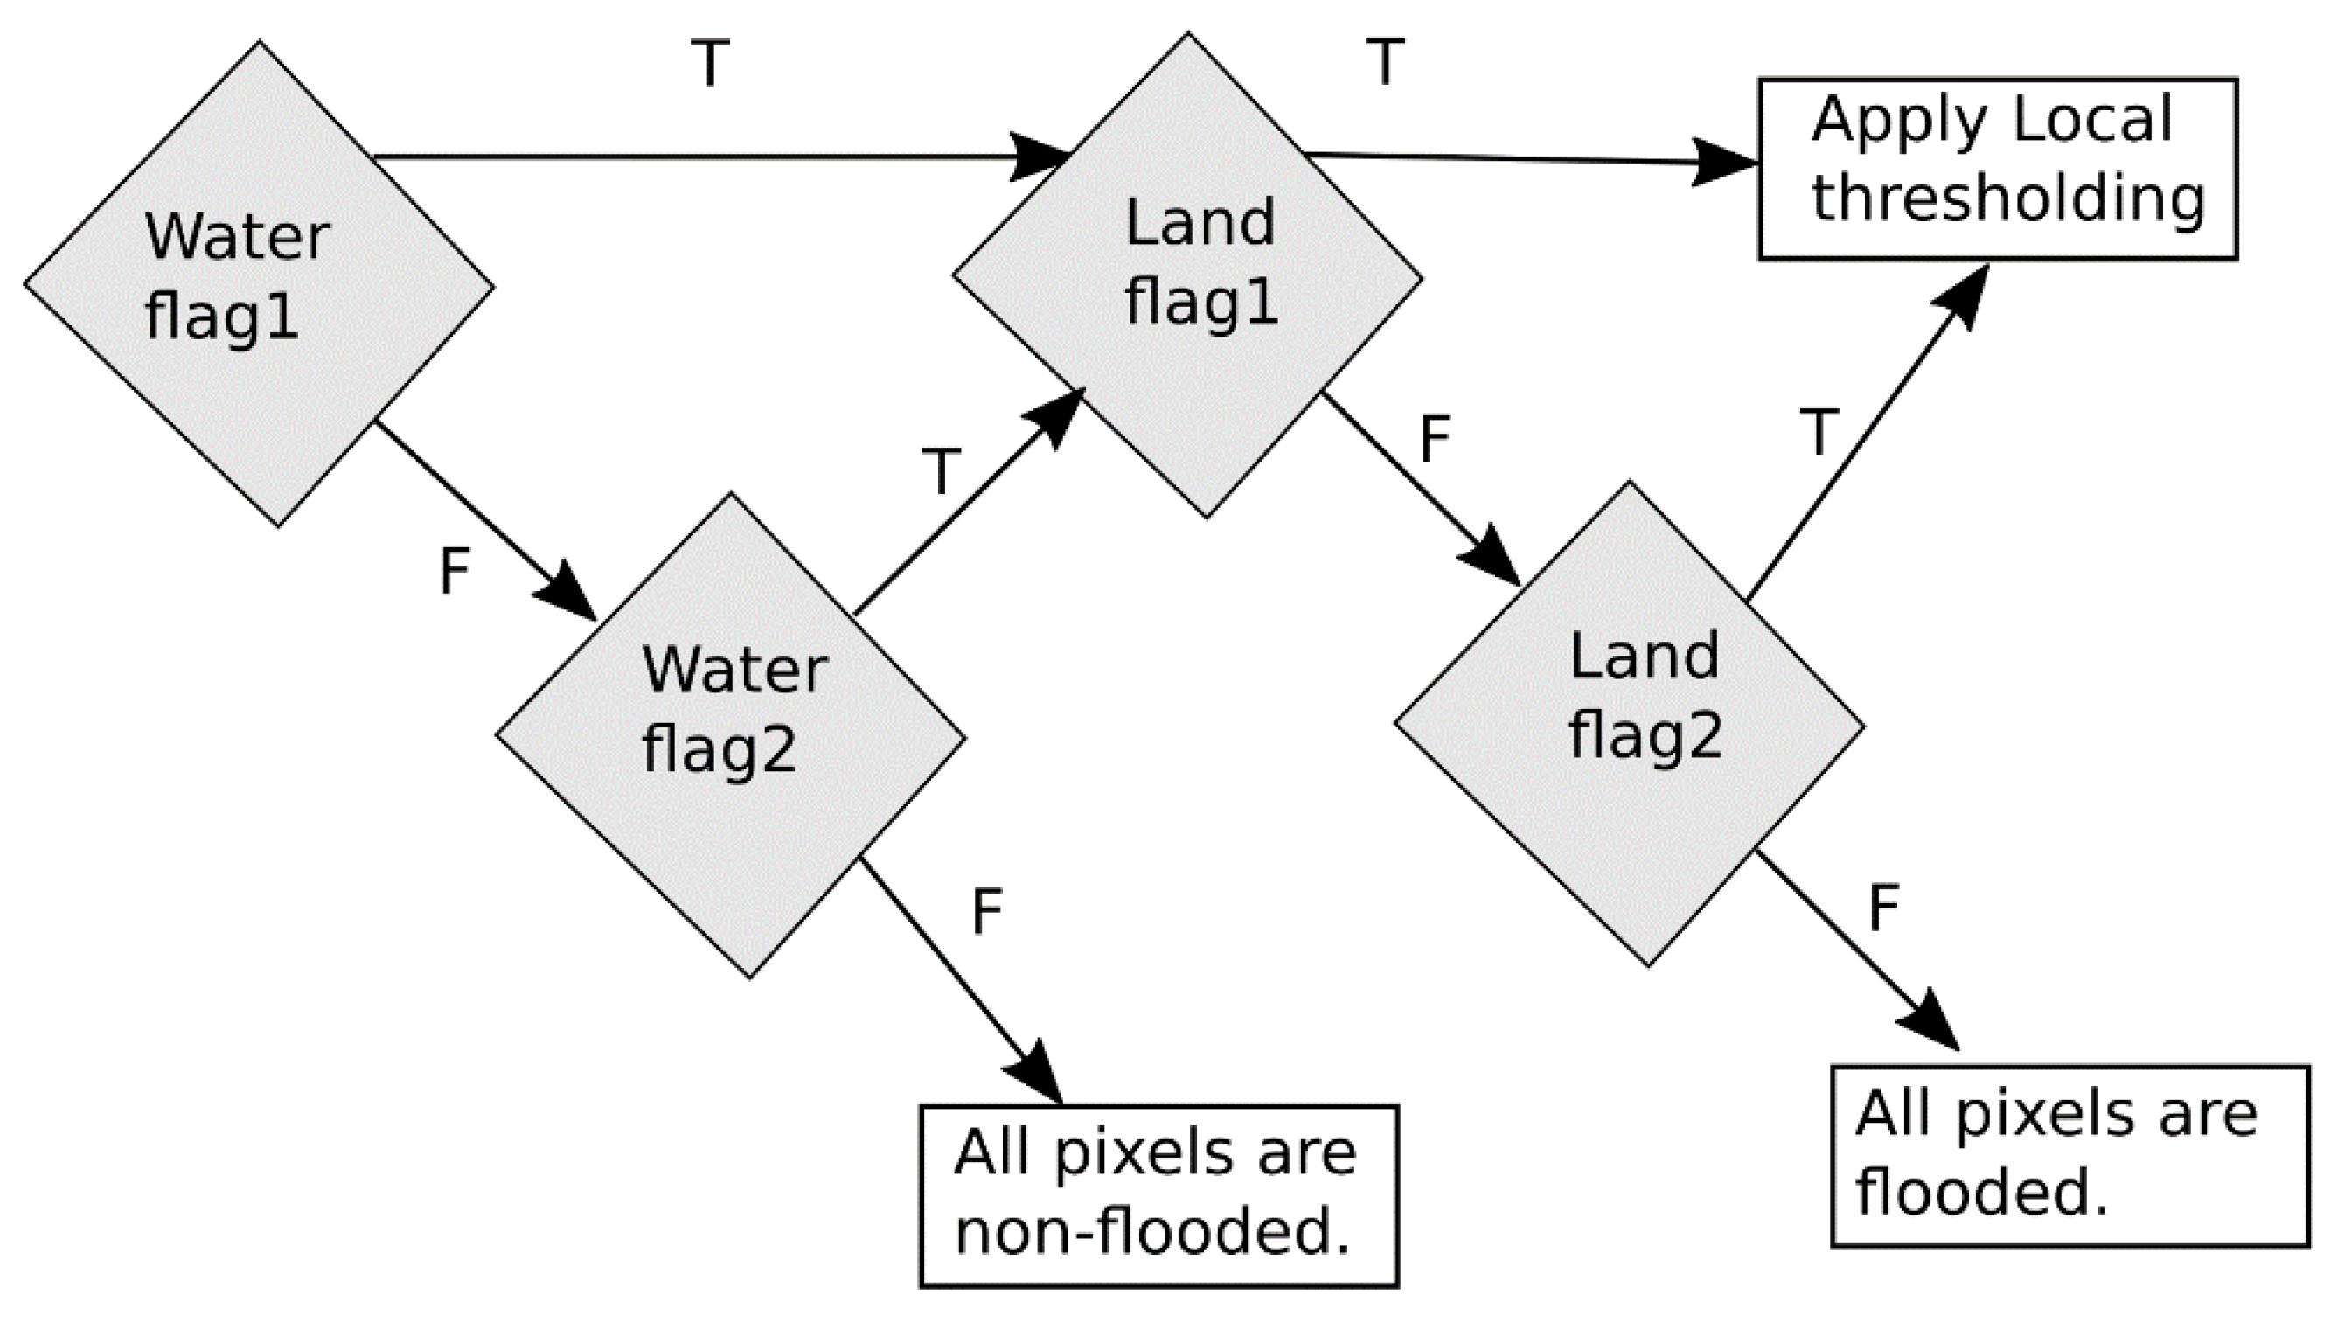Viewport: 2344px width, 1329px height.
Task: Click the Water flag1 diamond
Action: pos(259,283)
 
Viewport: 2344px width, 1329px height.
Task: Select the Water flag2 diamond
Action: pos(730,735)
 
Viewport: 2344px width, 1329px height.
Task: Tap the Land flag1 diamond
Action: pos(1186,275)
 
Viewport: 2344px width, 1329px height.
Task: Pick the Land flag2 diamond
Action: pos(1630,723)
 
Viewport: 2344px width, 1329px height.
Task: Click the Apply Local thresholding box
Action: pos(1997,169)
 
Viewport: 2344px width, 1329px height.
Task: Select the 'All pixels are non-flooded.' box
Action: pos(1158,1196)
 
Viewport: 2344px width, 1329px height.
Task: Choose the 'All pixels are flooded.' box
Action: pos(2070,1156)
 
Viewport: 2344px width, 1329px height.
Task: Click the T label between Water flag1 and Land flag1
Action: pos(710,64)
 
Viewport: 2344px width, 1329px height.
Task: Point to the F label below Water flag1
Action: pos(455,572)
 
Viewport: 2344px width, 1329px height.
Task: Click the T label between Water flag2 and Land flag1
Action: pos(941,472)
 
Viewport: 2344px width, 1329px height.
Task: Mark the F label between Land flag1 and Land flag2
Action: pos(1435,439)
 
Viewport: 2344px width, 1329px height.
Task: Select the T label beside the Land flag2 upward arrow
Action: pos(1819,433)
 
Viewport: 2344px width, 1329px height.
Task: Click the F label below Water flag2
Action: pos(987,911)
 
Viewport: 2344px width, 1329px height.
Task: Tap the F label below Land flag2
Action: pos(1884,908)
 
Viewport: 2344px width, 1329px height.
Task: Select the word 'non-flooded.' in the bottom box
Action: pos(1152,1232)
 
